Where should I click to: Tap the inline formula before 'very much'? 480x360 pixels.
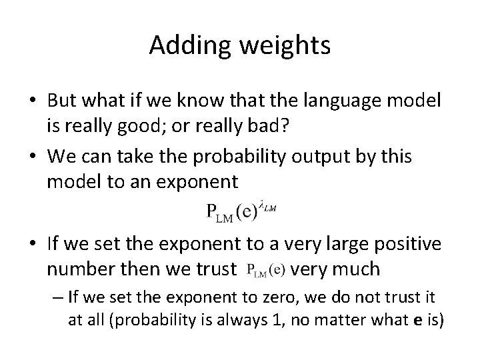[265, 270]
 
